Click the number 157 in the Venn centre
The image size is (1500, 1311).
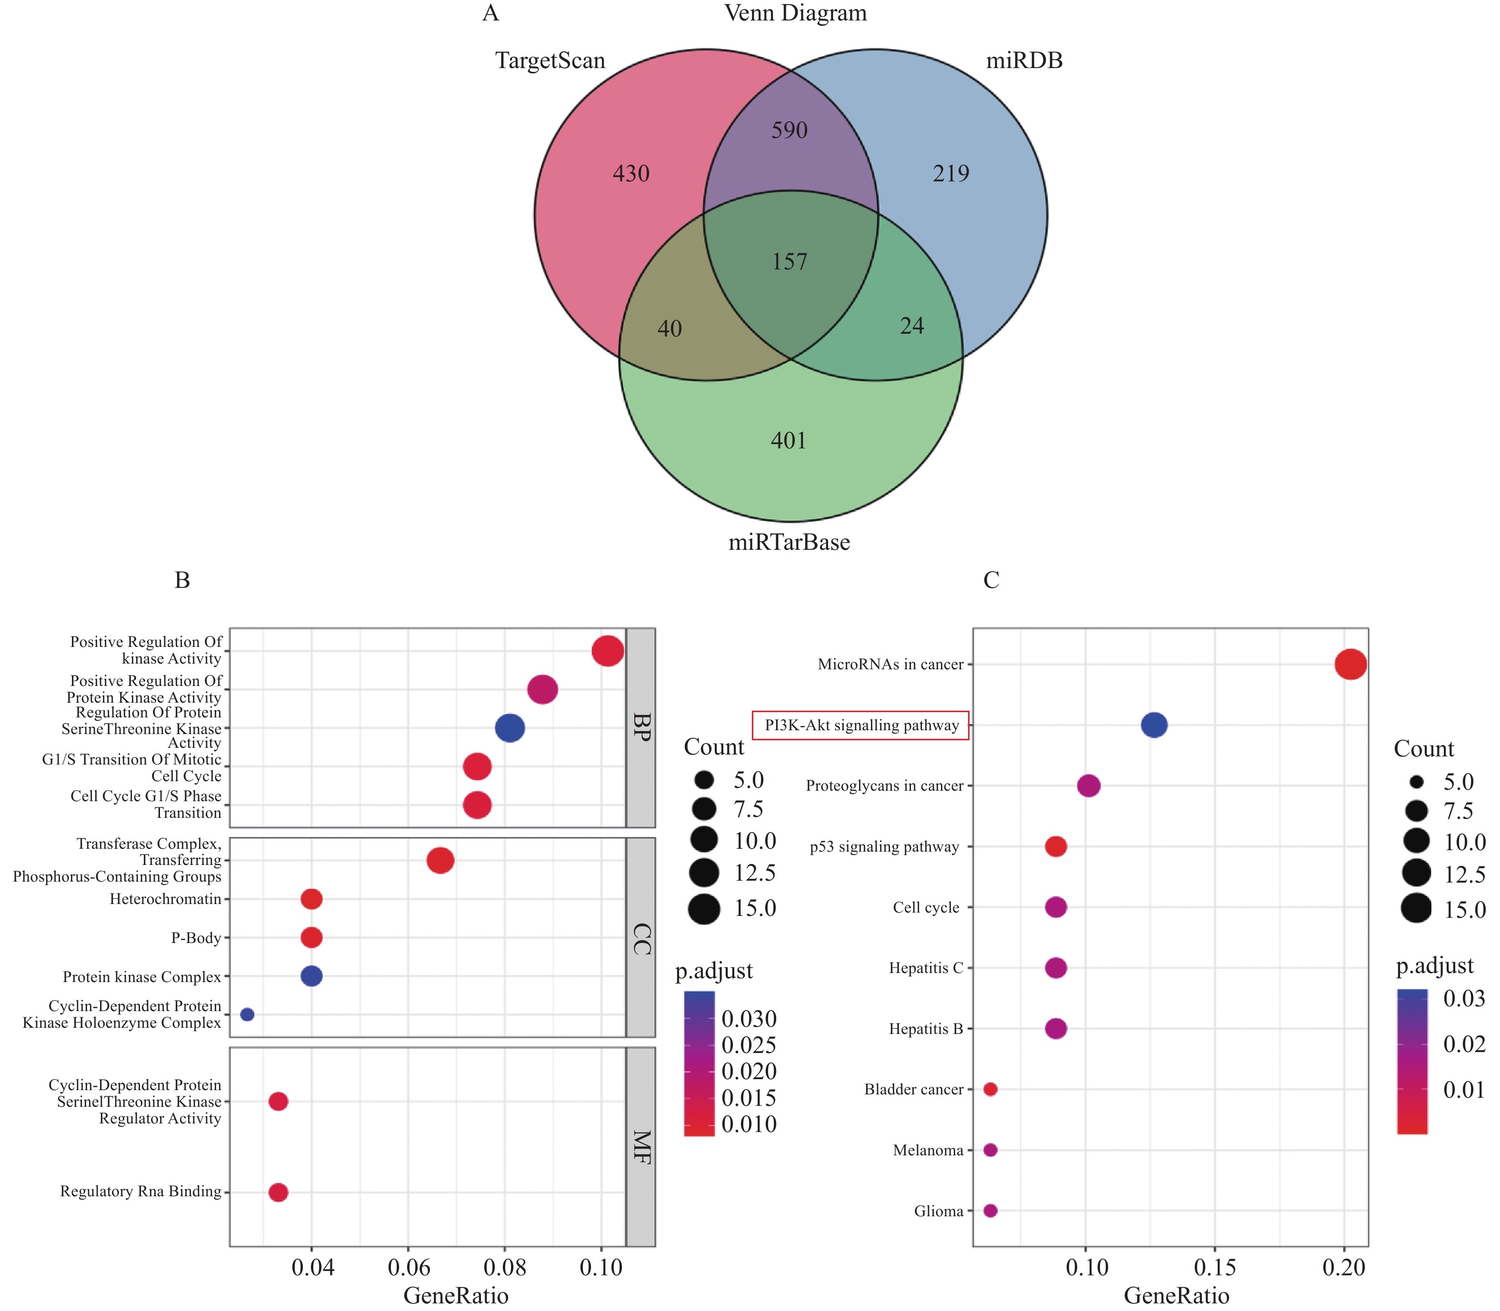tap(790, 262)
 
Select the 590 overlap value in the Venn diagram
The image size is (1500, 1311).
tap(790, 130)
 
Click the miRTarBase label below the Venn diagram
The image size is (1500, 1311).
tap(789, 542)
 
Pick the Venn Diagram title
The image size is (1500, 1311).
tap(795, 13)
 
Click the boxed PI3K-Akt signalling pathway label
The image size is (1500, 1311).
tap(861, 725)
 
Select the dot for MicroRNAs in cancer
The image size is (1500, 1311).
tap(1350, 664)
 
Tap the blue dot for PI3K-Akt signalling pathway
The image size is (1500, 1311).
tap(1154, 725)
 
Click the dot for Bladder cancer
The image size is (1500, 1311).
tap(990, 1089)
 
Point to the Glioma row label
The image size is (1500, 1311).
tap(938, 1211)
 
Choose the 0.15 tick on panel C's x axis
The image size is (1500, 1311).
tap(1215, 1267)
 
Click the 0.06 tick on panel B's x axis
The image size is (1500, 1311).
tap(408, 1267)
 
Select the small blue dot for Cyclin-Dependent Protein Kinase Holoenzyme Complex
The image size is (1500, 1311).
tap(247, 1014)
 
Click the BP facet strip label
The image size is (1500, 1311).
tap(641, 727)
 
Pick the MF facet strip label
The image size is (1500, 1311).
tap(641, 1146)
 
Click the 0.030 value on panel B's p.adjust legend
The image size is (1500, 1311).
tap(749, 1018)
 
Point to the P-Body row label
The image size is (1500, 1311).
tap(195, 938)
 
